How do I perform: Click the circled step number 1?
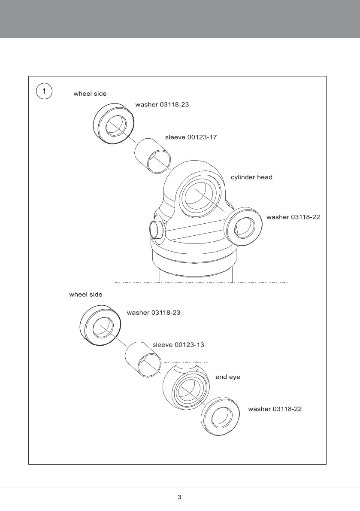click(x=44, y=91)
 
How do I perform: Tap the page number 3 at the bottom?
click(x=179, y=497)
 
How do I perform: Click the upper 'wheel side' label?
click(x=90, y=94)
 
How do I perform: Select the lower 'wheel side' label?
click(x=86, y=295)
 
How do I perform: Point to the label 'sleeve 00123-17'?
click(x=191, y=137)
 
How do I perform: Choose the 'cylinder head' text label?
click(x=251, y=177)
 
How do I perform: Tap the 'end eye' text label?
click(x=227, y=377)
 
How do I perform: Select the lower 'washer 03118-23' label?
click(x=154, y=313)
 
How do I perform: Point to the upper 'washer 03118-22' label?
click(x=293, y=217)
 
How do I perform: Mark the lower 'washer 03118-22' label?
click(x=275, y=409)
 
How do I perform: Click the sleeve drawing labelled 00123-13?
click(x=143, y=360)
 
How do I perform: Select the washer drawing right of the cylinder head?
click(x=243, y=228)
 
